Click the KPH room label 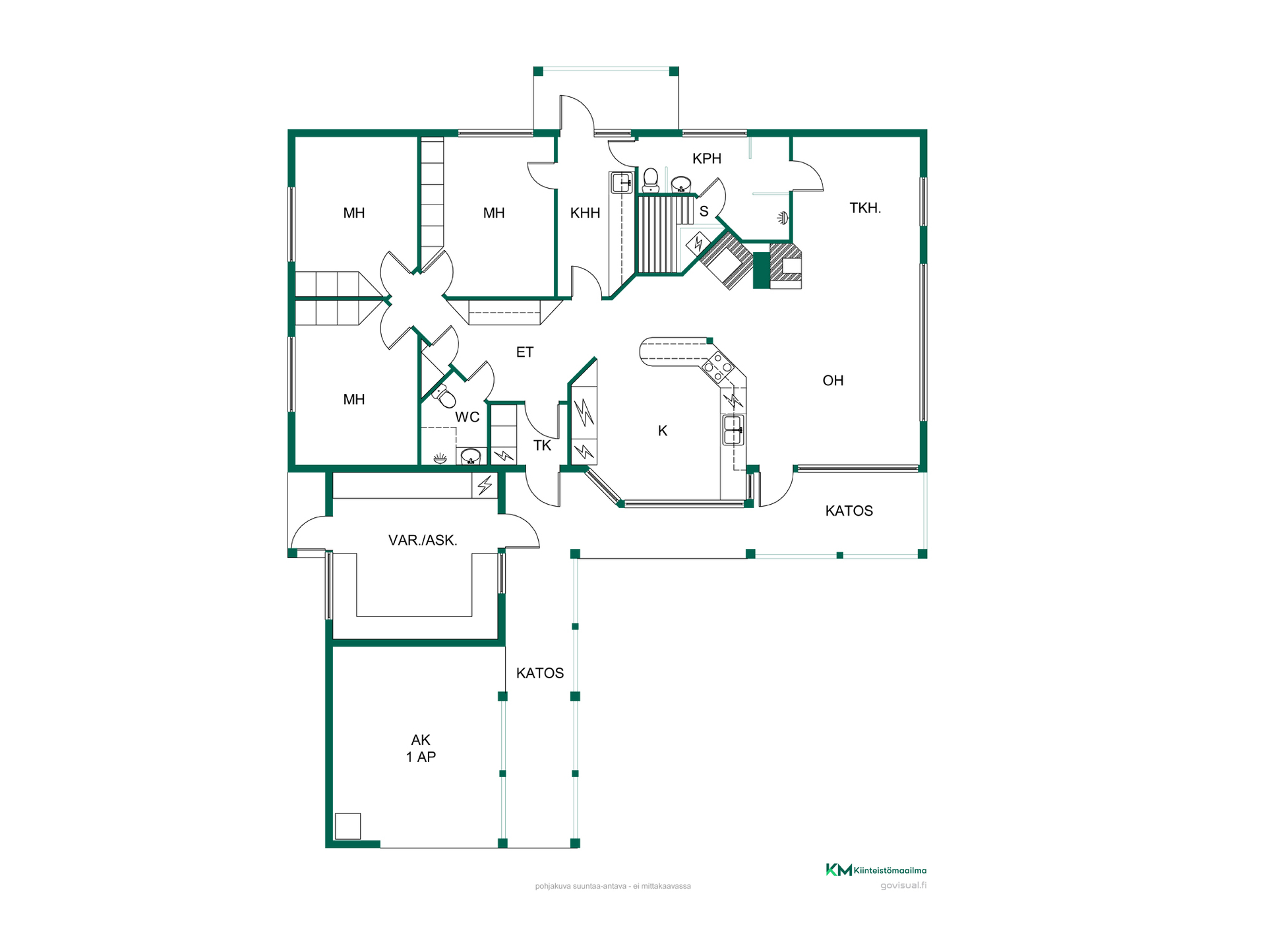point(707,158)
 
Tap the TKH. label point(865,208)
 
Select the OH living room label point(833,380)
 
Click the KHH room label point(585,212)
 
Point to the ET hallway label point(525,352)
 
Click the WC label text point(467,417)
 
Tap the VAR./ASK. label point(423,540)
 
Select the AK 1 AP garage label point(421,748)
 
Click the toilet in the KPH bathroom point(651,179)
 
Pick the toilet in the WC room point(444,396)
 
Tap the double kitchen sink point(733,429)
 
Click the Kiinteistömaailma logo point(876,870)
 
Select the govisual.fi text point(903,885)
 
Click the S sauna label point(704,211)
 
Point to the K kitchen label point(663,431)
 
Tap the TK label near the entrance point(542,445)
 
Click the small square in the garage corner point(347,826)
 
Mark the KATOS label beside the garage point(540,673)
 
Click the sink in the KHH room point(622,182)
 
